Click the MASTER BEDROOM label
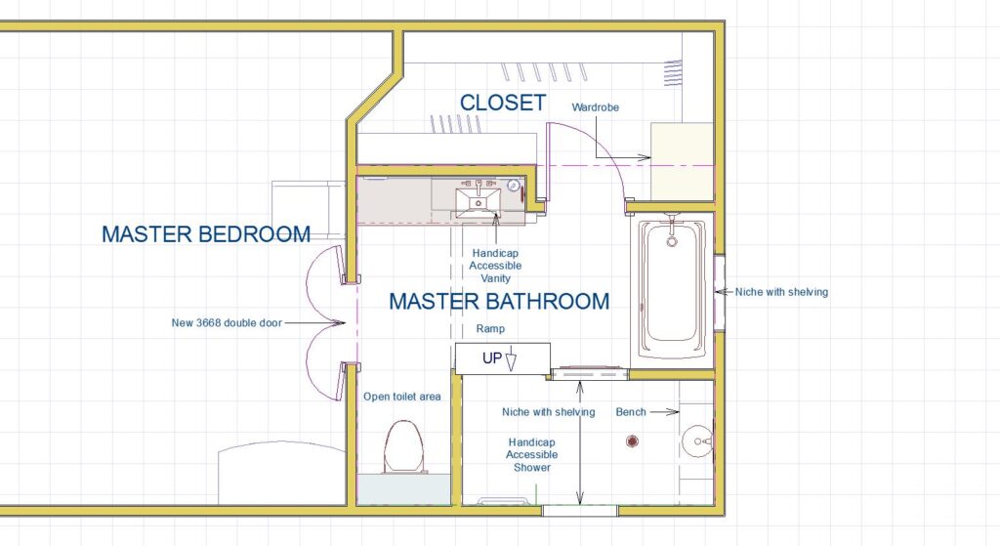click(206, 234)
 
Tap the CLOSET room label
click(503, 103)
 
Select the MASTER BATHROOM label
click(499, 301)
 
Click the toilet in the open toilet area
click(404, 446)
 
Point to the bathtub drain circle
click(671, 242)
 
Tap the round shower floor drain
click(632, 441)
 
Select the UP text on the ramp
click(492, 358)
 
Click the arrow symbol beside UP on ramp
click(511, 360)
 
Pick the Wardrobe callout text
click(595, 107)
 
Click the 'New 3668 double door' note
click(227, 322)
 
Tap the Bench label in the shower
click(631, 412)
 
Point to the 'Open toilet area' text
click(401, 397)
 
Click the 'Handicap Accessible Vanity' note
click(495, 266)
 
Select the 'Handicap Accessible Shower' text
click(532, 454)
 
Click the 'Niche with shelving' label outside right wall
click(781, 292)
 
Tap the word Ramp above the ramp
click(490, 328)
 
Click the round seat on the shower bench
click(696, 441)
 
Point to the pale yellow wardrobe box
click(681, 162)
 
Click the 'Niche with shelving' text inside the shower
click(549, 412)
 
